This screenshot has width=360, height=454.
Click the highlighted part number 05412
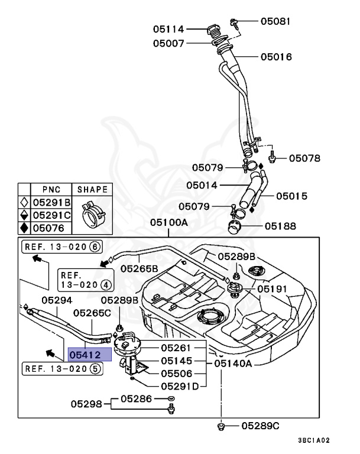click(85, 355)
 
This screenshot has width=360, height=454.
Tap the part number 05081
click(275, 21)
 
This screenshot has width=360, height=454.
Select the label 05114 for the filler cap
click(168, 29)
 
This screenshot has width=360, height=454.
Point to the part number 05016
click(276, 57)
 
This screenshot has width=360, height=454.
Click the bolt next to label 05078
click(272, 157)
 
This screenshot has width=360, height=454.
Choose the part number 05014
click(202, 185)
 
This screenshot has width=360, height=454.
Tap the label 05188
click(280, 226)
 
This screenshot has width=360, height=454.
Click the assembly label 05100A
click(169, 222)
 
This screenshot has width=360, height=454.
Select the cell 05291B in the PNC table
click(51, 202)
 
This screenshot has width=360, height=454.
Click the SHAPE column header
click(92, 189)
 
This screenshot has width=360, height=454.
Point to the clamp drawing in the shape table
click(92, 215)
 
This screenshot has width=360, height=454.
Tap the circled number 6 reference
click(95, 247)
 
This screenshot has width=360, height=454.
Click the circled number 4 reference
click(106, 285)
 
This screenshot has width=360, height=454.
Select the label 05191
click(272, 288)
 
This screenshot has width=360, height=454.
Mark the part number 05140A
click(233, 363)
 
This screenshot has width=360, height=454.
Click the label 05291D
click(180, 386)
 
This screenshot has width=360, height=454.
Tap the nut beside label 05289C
click(221, 426)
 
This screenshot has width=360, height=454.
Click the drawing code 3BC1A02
click(314, 440)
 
